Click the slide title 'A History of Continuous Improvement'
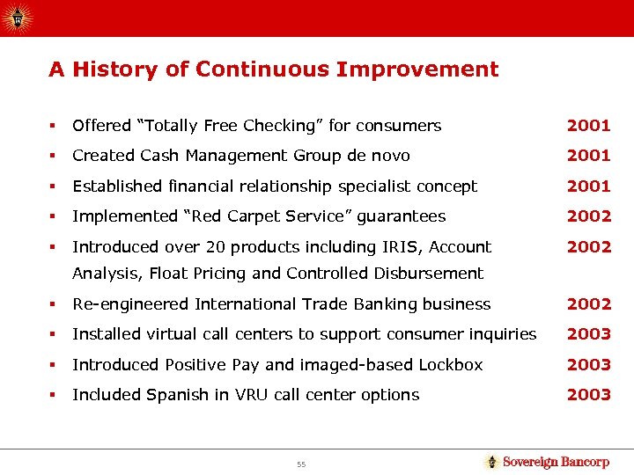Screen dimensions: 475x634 273,69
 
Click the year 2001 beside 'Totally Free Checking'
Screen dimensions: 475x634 588,126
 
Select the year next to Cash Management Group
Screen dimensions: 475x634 588,156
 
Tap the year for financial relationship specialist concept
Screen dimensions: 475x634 588,186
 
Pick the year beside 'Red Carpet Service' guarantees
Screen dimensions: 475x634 588,216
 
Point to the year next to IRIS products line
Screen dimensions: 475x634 588,247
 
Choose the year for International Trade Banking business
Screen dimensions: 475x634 588,304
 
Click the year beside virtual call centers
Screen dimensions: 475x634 588,334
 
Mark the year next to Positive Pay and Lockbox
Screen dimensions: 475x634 588,364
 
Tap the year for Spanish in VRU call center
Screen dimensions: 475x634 588,395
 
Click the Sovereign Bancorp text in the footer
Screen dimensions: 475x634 556,462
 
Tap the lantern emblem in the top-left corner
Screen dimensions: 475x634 17,17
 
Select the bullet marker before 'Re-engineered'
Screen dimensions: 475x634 55,304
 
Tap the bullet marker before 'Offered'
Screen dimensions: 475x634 55,126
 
